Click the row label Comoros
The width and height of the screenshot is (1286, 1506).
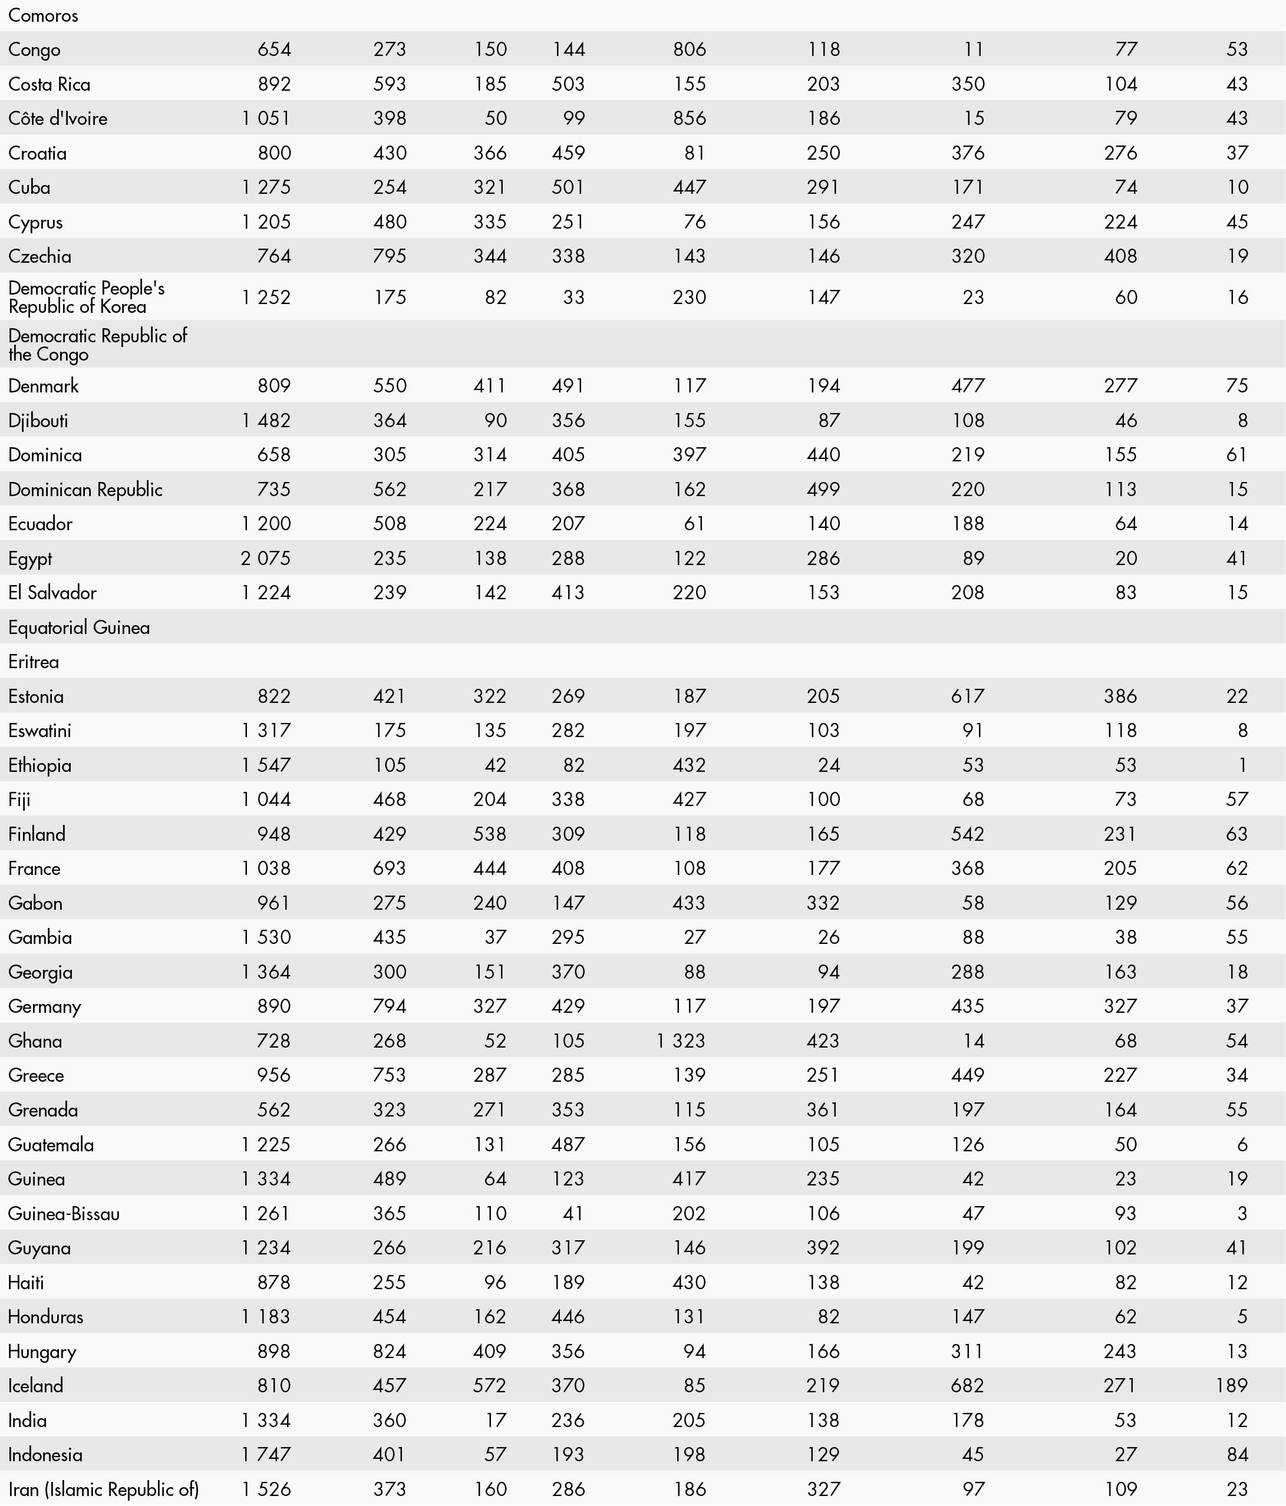point(43,15)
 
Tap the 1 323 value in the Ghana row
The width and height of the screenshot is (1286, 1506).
point(681,1041)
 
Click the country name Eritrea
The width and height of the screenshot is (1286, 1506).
point(34,662)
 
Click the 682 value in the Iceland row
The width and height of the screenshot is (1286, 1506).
point(968,1385)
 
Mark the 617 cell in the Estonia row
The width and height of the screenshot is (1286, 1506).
point(968,696)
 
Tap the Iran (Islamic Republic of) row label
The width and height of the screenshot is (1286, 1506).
point(103,1490)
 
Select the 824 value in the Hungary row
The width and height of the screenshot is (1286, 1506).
point(390,1351)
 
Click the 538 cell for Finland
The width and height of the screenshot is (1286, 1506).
point(489,834)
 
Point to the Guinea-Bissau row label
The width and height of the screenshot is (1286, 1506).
point(64,1213)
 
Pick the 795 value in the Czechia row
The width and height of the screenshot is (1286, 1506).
point(390,256)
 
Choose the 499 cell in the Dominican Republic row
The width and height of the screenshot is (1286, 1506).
point(824,489)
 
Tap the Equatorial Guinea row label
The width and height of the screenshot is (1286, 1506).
point(79,627)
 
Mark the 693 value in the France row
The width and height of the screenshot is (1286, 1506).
point(390,868)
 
